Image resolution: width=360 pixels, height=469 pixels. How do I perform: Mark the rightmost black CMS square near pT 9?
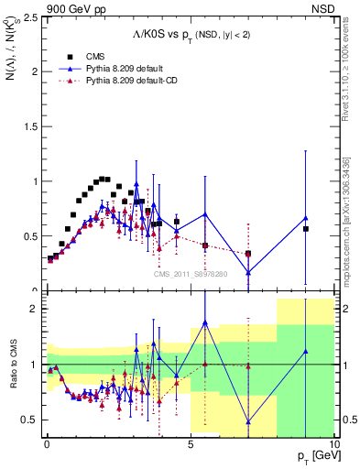306,229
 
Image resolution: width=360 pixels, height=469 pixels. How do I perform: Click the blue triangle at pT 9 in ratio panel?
306,351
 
